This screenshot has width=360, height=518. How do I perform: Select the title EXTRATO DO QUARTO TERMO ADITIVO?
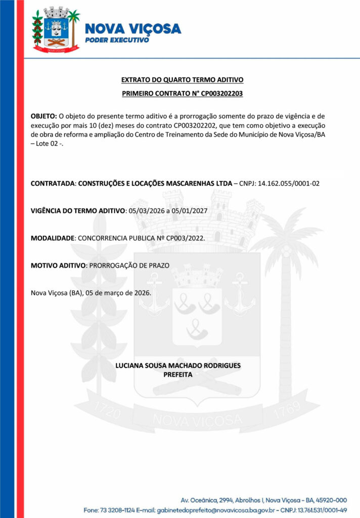tap(183, 80)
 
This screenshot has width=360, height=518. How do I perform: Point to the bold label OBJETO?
tap(44, 116)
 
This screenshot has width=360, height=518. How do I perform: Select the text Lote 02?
tap(50, 144)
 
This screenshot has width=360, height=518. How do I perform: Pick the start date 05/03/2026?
tap(147, 210)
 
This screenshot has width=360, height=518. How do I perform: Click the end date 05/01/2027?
tap(190, 210)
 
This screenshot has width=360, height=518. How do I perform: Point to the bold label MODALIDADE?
tap(53, 238)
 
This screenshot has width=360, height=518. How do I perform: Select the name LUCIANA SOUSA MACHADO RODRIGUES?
tap(178, 365)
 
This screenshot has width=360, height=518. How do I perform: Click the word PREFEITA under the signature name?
tap(178, 374)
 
